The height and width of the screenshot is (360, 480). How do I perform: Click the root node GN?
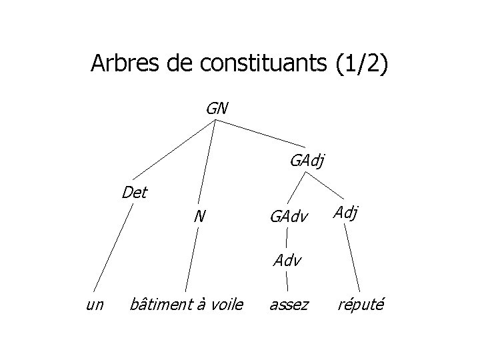[x=217, y=107]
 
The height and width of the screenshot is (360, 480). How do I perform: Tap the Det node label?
[x=135, y=193]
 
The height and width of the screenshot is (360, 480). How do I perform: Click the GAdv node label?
[x=288, y=216]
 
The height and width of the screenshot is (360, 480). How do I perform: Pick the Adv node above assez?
[x=287, y=259]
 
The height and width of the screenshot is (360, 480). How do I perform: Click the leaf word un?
[x=95, y=305]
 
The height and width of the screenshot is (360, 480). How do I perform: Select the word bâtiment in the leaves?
[x=159, y=305]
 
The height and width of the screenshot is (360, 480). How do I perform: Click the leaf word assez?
[x=289, y=305]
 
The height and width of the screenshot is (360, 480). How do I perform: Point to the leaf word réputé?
[x=360, y=305]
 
